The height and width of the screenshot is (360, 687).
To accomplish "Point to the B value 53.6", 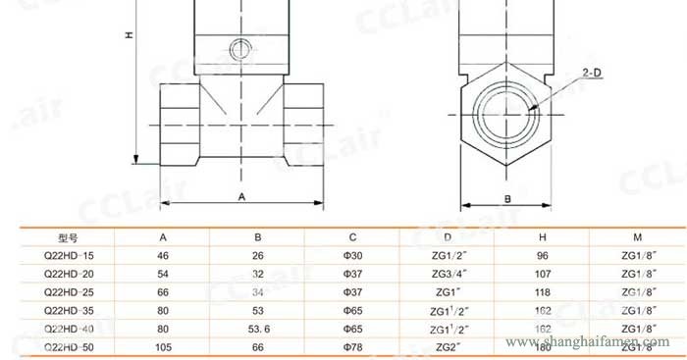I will (258, 329).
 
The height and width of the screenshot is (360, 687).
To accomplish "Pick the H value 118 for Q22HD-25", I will (542, 292).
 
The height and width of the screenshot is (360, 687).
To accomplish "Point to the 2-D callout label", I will (593, 74).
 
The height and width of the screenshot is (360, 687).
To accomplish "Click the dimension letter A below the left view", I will (240, 197).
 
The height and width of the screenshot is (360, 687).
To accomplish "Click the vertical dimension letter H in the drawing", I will (129, 35).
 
